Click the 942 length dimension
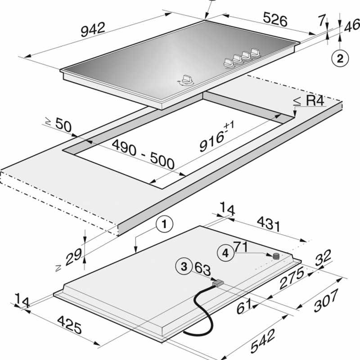[x=93, y=29]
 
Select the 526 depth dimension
[x=275, y=19]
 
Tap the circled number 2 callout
[x=340, y=58]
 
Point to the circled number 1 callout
[x=164, y=224]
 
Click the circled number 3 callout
[x=184, y=266]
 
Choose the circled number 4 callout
[x=226, y=253]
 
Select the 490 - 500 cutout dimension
[x=143, y=154]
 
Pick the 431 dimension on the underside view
[x=269, y=224]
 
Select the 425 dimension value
[x=70, y=324]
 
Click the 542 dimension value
[x=263, y=341]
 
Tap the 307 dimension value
[x=326, y=300]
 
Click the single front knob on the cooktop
[x=186, y=80]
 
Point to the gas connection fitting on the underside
[x=276, y=256]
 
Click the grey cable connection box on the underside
[x=218, y=283]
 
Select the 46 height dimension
[x=352, y=26]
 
